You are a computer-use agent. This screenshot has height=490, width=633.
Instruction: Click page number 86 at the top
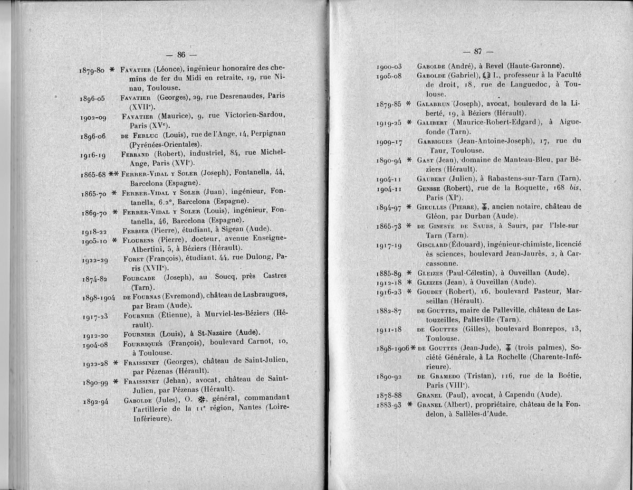click(181, 54)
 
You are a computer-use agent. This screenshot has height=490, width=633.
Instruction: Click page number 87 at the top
click(478, 51)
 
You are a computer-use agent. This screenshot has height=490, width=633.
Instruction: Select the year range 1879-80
click(92, 70)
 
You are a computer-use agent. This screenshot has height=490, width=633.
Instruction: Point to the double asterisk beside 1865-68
click(113, 174)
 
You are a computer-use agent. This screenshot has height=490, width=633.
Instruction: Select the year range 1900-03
click(389, 67)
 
